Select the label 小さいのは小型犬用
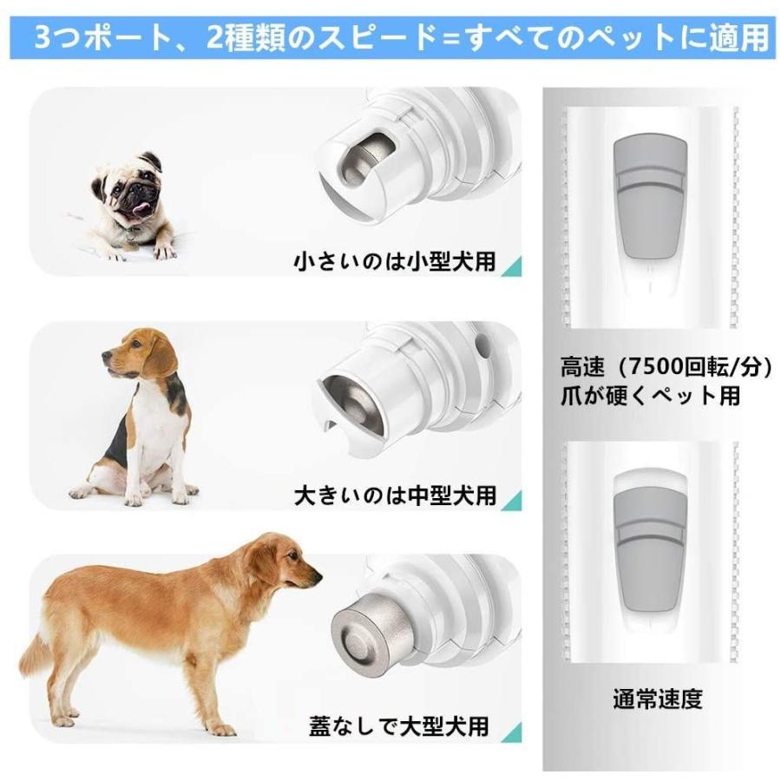coord(395,259)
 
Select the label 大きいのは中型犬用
coord(395,495)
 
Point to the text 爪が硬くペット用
coord(650,396)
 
